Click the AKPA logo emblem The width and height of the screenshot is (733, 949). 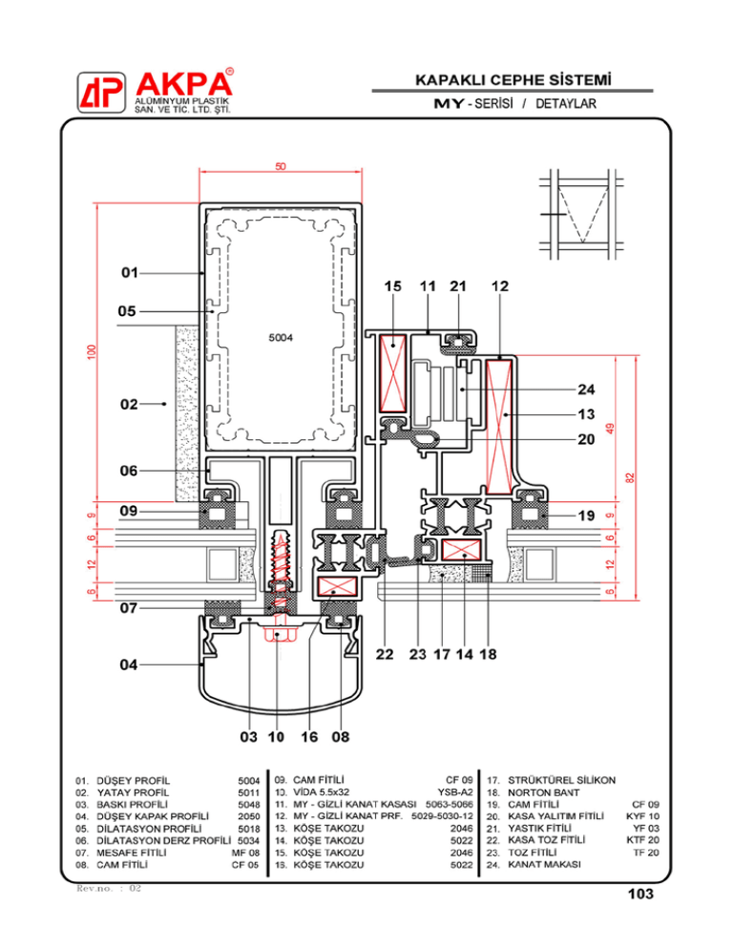100,93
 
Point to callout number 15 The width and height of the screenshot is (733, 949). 392,285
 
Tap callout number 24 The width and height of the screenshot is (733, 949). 586,389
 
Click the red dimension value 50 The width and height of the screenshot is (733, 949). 282,167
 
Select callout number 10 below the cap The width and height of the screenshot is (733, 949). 276,736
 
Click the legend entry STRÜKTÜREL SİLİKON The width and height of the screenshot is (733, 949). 563,779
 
